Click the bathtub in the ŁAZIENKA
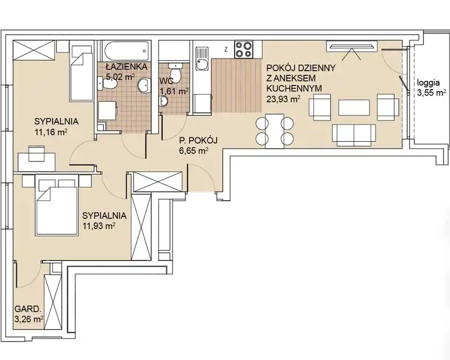(x=127, y=51)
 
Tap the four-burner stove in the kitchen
(x=243, y=49)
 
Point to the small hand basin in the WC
(x=164, y=101)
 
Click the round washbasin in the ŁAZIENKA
(x=144, y=86)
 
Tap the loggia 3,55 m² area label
(x=431, y=87)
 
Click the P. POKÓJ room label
(x=198, y=141)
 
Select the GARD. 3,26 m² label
(x=29, y=314)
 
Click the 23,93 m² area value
(x=284, y=99)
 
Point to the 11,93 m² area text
(x=99, y=226)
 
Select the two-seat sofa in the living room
(x=354, y=135)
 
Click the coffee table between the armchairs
(x=354, y=108)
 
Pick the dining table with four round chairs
(x=275, y=131)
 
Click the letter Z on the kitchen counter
(x=226, y=50)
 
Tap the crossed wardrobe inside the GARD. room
(x=53, y=302)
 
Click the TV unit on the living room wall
(x=352, y=46)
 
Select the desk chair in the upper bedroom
(x=37, y=153)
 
